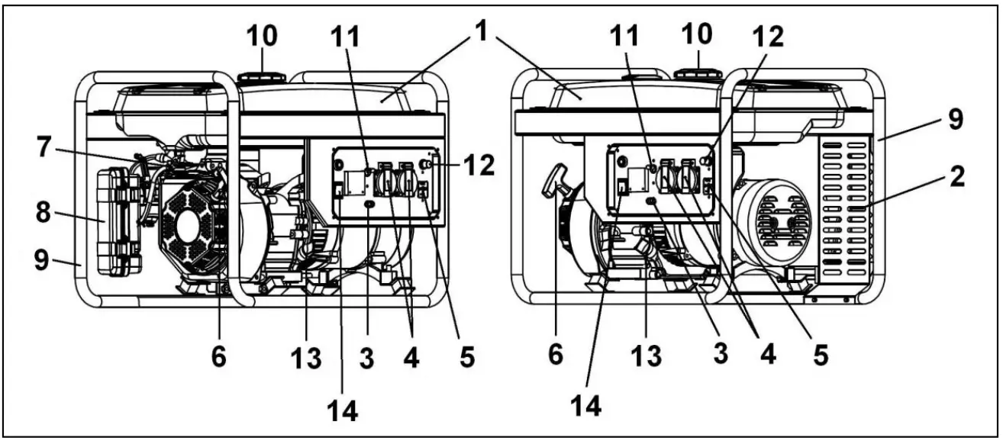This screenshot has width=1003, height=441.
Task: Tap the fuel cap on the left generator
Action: (x=263, y=77)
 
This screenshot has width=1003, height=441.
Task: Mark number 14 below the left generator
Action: (x=342, y=410)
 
